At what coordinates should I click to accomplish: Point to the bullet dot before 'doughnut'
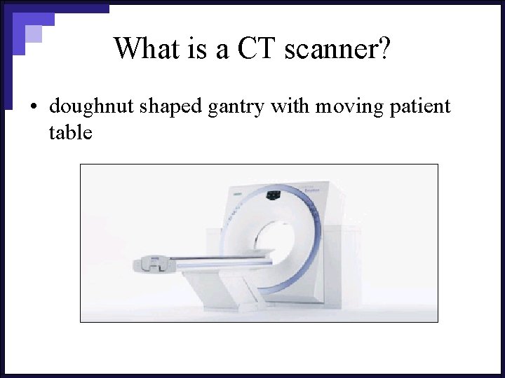pyautogui.click(x=33, y=108)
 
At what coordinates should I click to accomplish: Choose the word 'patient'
pyautogui.click(x=419, y=108)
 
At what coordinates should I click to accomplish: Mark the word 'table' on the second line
pyautogui.click(x=70, y=132)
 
